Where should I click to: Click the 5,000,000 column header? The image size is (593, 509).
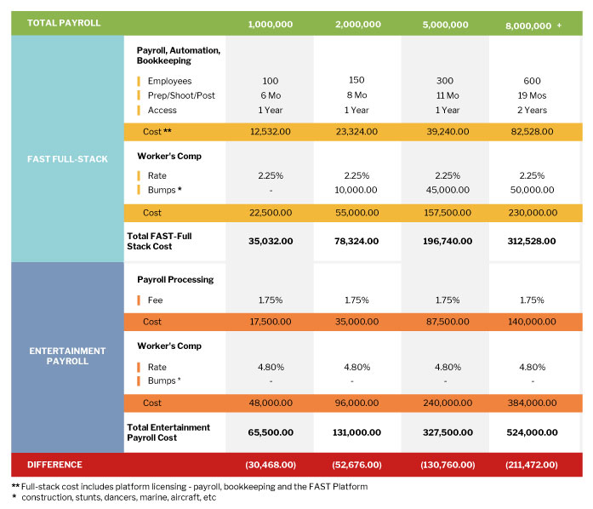coord(445,25)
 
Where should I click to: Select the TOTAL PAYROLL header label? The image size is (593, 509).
coord(64,23)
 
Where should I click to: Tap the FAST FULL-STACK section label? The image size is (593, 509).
coord(67,159)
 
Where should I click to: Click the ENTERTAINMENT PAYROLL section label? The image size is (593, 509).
coord(67,356)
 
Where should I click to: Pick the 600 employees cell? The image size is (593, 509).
coord(532,81)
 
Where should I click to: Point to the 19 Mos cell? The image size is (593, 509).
coord(532,95)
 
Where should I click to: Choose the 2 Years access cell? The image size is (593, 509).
coord(532,110)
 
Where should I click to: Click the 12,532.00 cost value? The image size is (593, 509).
coord(271,132)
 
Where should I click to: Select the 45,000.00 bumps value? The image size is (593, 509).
coord(448,190)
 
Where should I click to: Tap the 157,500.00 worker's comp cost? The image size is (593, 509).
coord(448,213)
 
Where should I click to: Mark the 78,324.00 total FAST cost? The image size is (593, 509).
coord(356,242)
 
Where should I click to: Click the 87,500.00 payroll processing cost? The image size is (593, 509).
coord(448,322)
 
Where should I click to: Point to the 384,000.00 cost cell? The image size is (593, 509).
coord(532,403)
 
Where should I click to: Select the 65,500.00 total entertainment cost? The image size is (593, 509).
coord(271,432)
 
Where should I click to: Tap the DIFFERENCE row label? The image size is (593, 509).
coord(54,465)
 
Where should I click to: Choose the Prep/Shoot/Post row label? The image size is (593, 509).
coord(181,95)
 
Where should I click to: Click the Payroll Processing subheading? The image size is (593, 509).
coord(175,280)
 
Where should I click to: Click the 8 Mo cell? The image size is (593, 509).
coord(356,95)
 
